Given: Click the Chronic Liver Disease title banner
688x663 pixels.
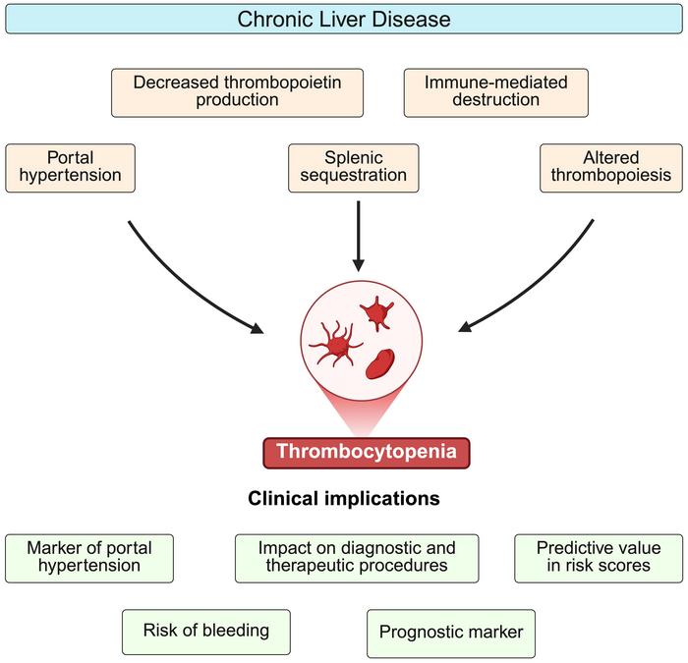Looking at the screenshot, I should [343, 18].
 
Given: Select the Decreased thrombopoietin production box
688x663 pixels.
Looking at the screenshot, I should [237, 91].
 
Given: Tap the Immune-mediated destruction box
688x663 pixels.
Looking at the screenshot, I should [495, 91].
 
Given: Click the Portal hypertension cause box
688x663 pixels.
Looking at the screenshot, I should [70, 167].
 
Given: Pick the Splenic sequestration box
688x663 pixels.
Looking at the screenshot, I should [353, 167].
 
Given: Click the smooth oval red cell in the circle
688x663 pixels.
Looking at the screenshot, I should [381, 360].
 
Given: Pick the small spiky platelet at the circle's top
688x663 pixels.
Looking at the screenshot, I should [376, 315].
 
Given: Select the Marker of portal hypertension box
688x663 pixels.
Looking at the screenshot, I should [89, 557].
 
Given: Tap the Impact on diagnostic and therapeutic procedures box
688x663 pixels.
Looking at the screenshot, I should [357, 557].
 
